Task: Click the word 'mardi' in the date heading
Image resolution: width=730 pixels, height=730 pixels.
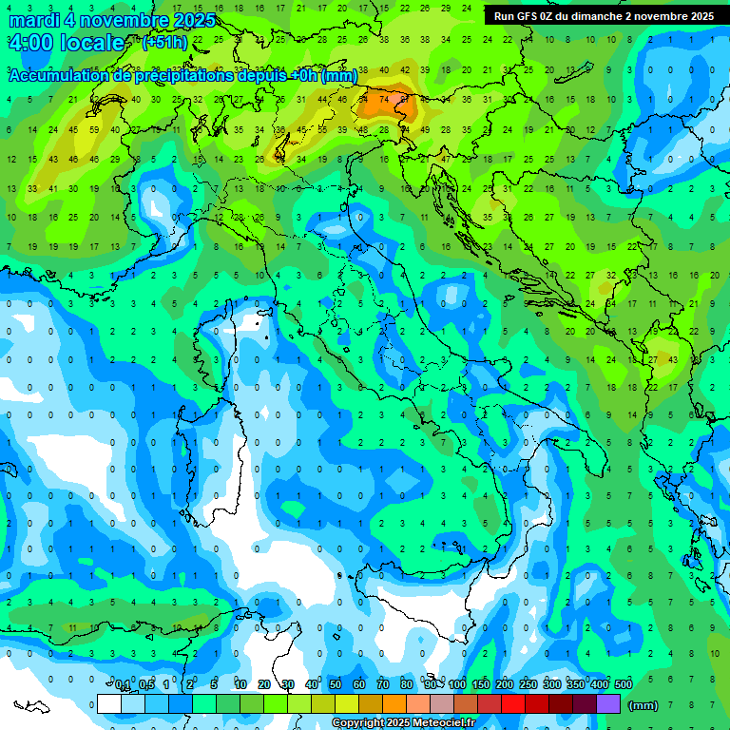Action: tap(33, 20)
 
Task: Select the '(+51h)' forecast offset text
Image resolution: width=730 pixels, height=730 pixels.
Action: tap(164, 43)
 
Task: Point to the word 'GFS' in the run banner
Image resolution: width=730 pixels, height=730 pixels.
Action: tap(530, 16)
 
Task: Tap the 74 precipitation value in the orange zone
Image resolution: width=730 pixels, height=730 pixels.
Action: tap(384, 98)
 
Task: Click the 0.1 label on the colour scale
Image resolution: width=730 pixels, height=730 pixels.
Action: tap(123, 685)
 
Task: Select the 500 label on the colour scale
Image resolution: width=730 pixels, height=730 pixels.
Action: tap(624, 685)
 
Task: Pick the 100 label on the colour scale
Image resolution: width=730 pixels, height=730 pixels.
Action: tap(457, 685)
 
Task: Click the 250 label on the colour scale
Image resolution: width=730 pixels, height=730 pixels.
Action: tap(528, 685)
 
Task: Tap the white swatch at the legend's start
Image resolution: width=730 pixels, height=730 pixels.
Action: tap(109, 703)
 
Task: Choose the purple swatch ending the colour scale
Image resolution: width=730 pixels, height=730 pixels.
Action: tap(608, 703)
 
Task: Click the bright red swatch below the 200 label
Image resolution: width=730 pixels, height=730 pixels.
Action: tap(513, 703)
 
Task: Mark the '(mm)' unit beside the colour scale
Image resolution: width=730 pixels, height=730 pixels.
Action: tap(644, 705)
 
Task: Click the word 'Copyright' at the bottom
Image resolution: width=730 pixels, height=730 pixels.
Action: tap(360, 723)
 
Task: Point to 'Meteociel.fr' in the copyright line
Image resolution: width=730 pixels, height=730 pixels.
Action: tap(444, 723)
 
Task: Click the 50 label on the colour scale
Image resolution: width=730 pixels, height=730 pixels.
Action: tap(336, 685)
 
